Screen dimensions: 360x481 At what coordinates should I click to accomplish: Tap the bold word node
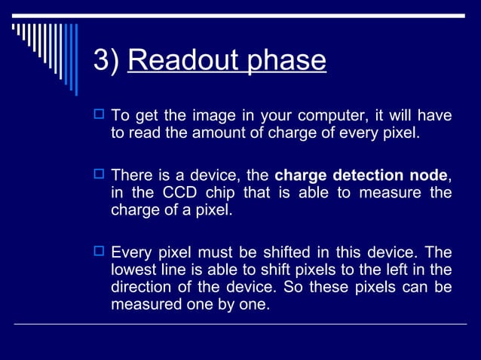430,176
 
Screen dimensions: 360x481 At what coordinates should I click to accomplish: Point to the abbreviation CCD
179,194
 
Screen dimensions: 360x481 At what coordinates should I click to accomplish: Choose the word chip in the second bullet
223,194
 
